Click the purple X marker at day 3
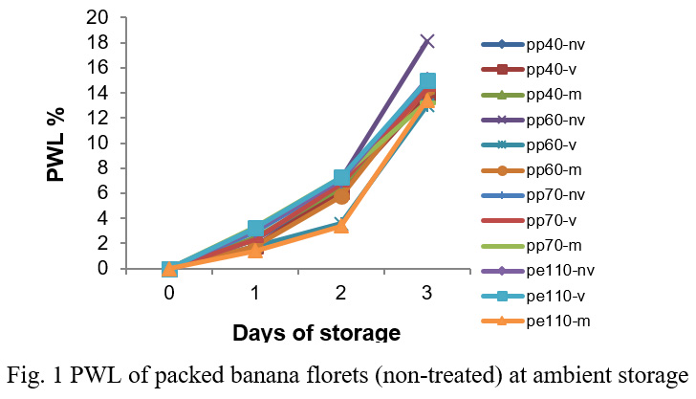[427, 41]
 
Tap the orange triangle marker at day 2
[341, 226]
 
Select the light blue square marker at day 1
[255, 229]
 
